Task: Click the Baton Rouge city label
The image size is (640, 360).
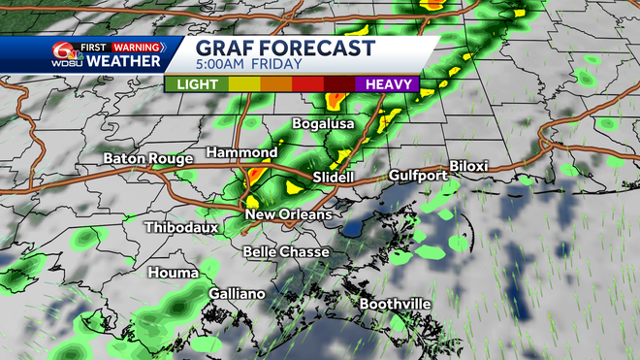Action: pyautogui.click(x=147, y=158)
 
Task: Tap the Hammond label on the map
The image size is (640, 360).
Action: pyautogui.click(x=242, y=153)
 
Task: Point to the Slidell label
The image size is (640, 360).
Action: pyautogui.click(x=336, y=179)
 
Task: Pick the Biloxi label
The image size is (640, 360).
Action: pyautogui.click(x=469, y=166)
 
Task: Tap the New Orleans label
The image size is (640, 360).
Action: pyautogui.click(x=288, y=214)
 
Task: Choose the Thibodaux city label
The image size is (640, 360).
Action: pyautogui.click(x=181, y=228)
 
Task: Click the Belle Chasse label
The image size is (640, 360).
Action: pyautogui.click(x=285, y=251)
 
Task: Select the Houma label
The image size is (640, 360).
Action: pyautogui.click(x=173, y=273)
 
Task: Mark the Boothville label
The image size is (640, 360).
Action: pyautogui.click(x=395, y=304)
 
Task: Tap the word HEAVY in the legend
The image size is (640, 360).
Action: pyautogui.click(x=392, y=84)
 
